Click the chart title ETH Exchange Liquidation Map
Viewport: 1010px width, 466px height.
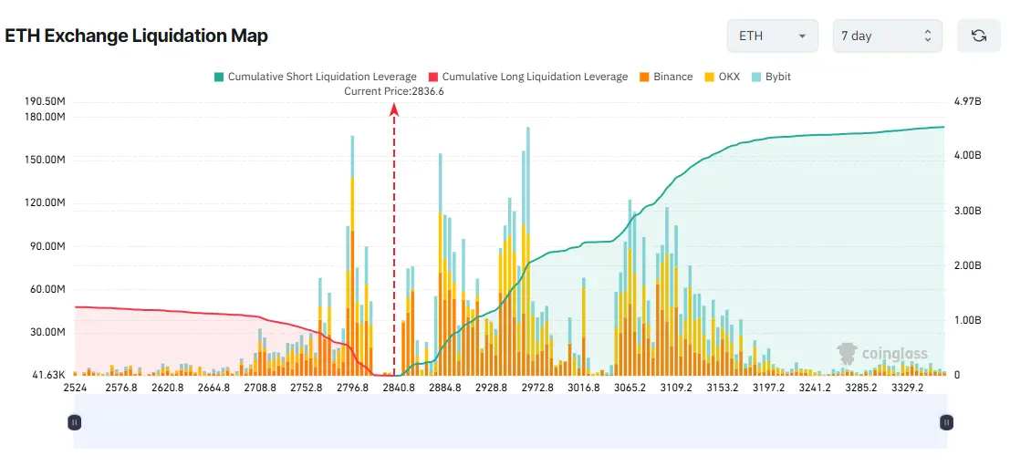click(137, 36)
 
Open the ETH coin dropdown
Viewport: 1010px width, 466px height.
click(772, 36)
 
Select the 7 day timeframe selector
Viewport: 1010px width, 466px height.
click(886, 36)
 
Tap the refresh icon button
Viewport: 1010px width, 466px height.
click(979, 36)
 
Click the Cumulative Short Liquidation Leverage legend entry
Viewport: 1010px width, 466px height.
click(314, 77)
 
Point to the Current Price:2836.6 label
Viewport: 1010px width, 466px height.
click(393, 91)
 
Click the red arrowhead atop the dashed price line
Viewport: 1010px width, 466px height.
click(394, 109)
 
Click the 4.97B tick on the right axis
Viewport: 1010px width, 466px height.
click(967, 100)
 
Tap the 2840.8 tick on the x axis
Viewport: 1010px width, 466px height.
click(399, 388)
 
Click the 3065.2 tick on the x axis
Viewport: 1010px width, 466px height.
click(630, 388)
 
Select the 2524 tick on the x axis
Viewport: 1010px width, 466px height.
click(75, 388)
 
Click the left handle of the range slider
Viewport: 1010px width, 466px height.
click(75, 422)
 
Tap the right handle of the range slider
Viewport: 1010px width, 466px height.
click(947, 422)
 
